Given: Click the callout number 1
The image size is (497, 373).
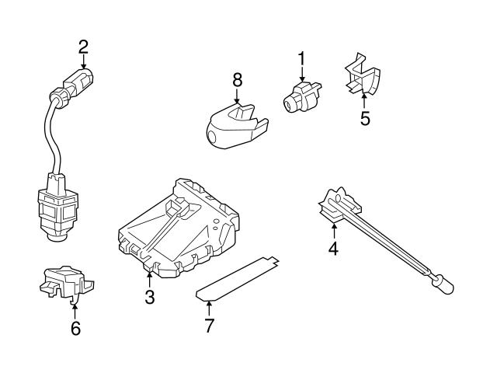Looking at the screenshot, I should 301,58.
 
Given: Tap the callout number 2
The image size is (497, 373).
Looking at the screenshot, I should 83,46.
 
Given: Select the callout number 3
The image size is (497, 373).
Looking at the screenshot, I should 150,296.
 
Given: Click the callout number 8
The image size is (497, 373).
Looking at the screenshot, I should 237,79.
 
